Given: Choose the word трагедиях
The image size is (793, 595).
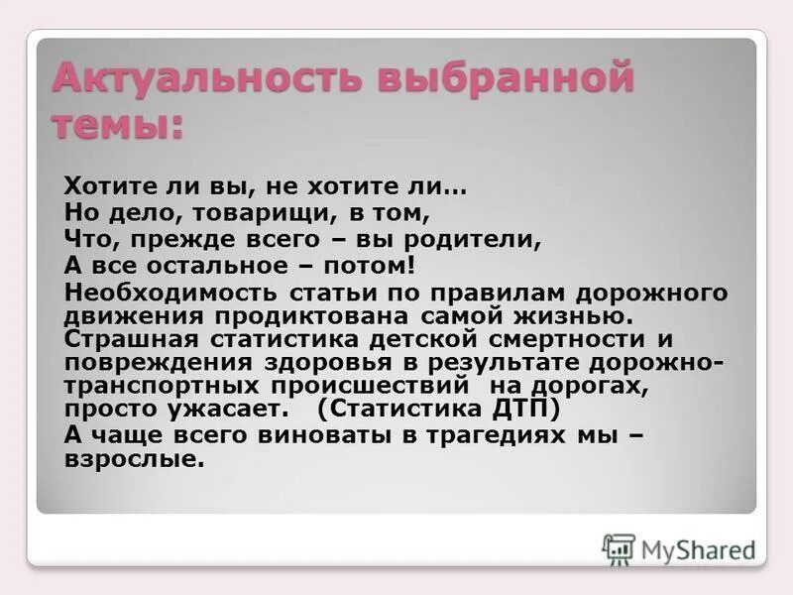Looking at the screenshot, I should point(482,434).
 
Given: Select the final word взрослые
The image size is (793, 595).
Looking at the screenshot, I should point(134,459).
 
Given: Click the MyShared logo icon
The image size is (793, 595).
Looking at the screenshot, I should point(619,548).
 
